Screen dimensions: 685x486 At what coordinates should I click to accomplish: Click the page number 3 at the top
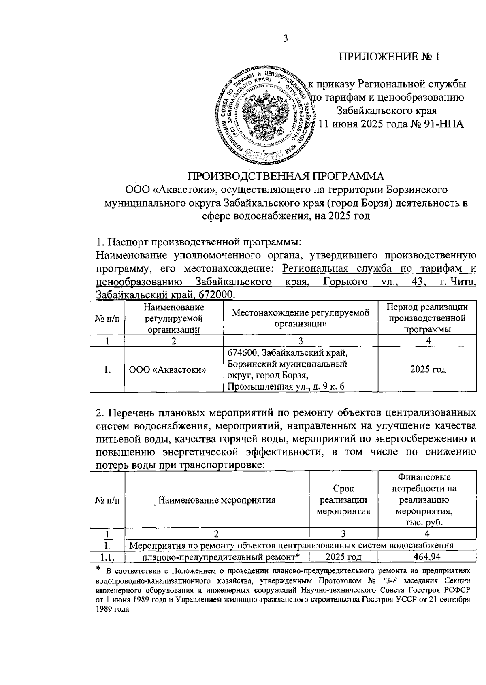pos(286,38)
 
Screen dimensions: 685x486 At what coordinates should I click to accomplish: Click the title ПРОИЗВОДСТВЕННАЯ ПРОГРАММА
pos(286,176)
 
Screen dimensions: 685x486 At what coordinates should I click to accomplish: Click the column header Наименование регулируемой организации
pos(174,318)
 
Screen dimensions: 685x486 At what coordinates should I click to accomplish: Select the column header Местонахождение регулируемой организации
pos(301,318)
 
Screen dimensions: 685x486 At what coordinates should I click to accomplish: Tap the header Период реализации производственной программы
pos(427,318)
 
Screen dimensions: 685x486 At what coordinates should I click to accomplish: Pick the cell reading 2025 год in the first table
pos(428,369)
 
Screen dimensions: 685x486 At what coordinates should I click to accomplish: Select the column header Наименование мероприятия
pos(217,500)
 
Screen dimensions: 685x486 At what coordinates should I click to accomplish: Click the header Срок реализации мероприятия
pos(343,500)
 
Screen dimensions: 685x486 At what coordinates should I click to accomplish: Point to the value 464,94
pos(427,557)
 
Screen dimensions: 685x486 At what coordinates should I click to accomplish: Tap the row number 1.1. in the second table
pos(107,557)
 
